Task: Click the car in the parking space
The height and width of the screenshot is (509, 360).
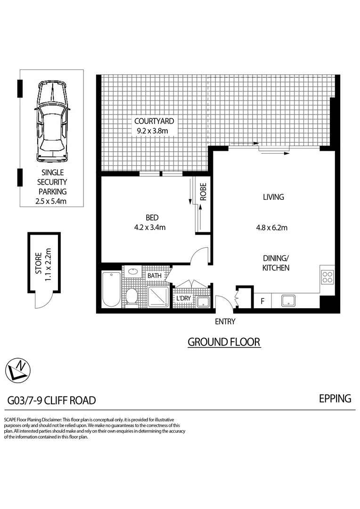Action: [52, 122]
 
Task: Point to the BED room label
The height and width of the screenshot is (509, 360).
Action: [152, 218]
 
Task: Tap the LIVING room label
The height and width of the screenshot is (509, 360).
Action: [273, 197]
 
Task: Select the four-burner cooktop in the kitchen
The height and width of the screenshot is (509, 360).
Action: [327, 278]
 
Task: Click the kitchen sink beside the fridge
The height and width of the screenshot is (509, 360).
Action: [289, 300]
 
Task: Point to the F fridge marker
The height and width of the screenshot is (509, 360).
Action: [262, 301]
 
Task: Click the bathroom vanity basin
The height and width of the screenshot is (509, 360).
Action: [133, 271]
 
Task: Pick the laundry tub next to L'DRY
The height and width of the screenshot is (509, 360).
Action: [203, 301]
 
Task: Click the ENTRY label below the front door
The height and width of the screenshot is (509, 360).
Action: [225, 322]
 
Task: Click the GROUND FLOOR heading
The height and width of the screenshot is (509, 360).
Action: [224, 342]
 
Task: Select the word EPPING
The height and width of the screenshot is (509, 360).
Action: [335, 398]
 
